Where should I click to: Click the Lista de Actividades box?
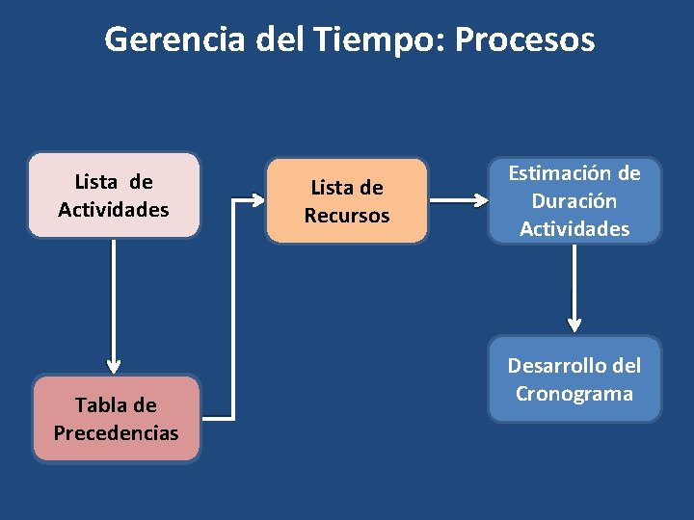point(114,195)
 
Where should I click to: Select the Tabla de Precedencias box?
point(116,419)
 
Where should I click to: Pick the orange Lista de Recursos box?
point(347,201)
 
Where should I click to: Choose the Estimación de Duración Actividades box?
point(574,201)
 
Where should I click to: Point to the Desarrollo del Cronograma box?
point(574,378)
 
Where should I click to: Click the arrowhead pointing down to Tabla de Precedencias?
point(114,366)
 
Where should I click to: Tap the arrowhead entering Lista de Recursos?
point(256,201)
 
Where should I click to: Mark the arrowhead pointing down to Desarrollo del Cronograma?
point(574,325)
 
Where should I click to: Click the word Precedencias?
point(116,433)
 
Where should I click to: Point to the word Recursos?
point(347,216)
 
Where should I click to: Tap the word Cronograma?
point(574,393)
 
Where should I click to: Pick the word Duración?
point(574,201)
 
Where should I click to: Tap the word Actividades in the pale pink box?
point(114,209)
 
